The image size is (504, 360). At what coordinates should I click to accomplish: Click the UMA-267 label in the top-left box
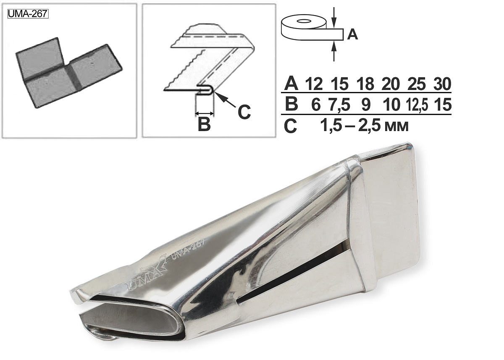[x=28, y=14]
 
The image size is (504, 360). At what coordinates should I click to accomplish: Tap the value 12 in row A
[x=314, y=84]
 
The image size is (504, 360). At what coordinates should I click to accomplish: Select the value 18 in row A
[x=365, y=84]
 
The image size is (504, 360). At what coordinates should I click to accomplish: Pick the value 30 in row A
[x=442, y=84]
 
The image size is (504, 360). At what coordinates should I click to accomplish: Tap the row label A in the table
[x=291, y=84]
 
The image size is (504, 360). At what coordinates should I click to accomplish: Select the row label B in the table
[x=291, y=104]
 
